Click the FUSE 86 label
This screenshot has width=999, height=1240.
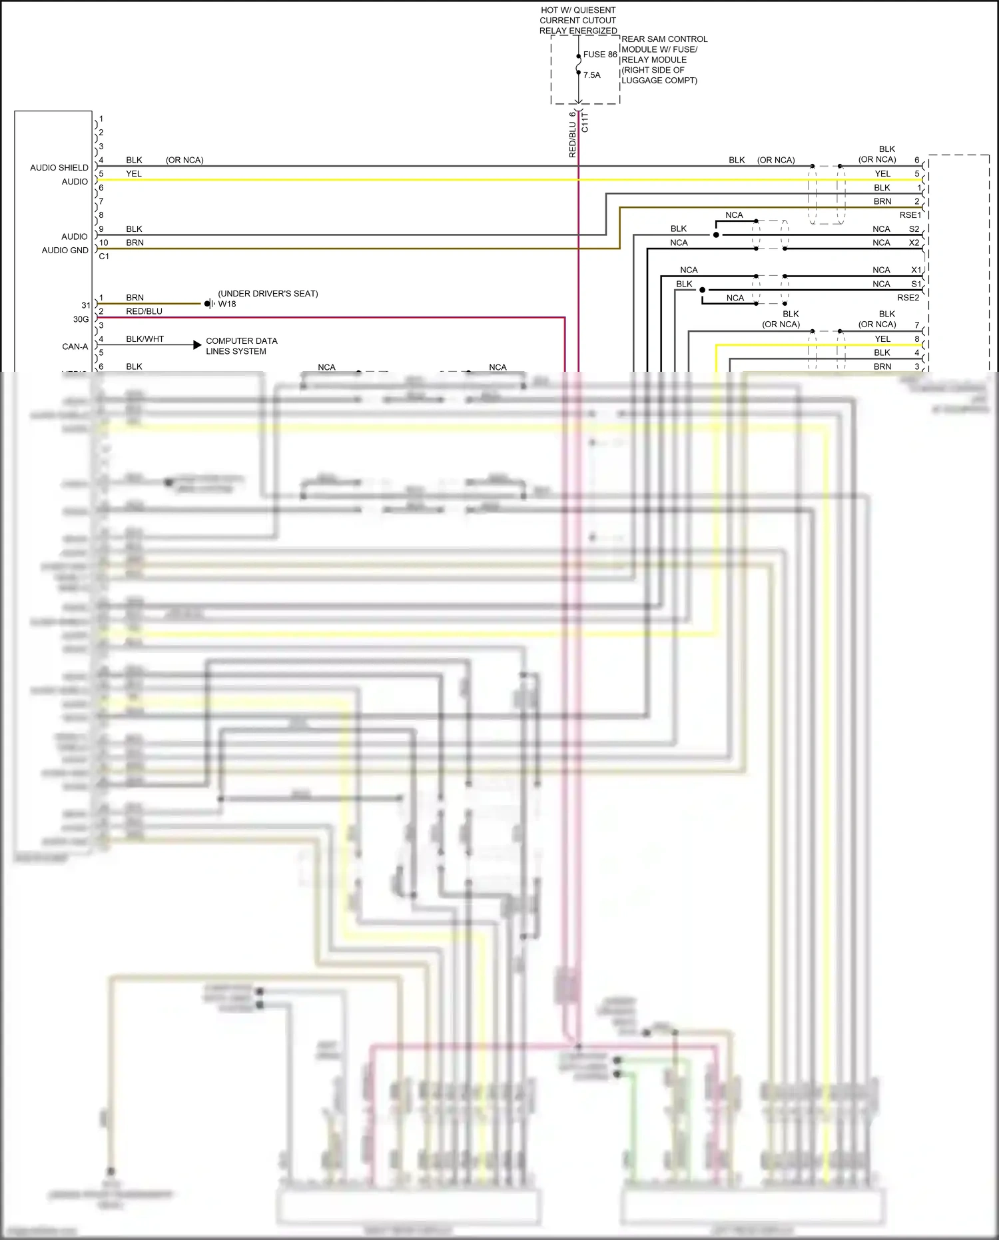click(x=600, y=55)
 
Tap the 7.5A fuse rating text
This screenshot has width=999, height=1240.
click(x=592, y=75)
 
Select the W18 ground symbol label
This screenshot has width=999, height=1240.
click(x=227, y=304)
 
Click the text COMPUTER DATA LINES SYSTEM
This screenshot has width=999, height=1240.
click(x=241, y=346)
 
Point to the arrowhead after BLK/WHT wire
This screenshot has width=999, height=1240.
click(x=197, y=344)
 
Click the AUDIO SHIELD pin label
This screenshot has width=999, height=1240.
click(x=59, y=168)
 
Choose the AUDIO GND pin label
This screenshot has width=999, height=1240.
click(x=65, y=251)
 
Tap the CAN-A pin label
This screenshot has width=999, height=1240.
click(x=75, y=346)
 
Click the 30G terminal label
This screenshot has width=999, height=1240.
click(x=81, y=319)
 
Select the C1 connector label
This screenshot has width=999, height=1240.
click(x=104, y=257)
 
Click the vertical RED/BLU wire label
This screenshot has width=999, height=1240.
click(x=572, y=135)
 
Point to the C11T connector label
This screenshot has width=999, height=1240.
click(x=585, y=123)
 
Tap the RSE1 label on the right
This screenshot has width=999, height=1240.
click(x=910, y=215)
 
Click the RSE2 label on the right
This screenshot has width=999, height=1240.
click(x=908, y=298)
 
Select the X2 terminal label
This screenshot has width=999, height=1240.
click(x=914, y=243)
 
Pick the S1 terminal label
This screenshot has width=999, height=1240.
click(x=916, y=284)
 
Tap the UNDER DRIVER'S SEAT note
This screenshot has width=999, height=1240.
click(x=268, y=294)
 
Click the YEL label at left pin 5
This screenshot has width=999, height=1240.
click(x=134, y=174)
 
